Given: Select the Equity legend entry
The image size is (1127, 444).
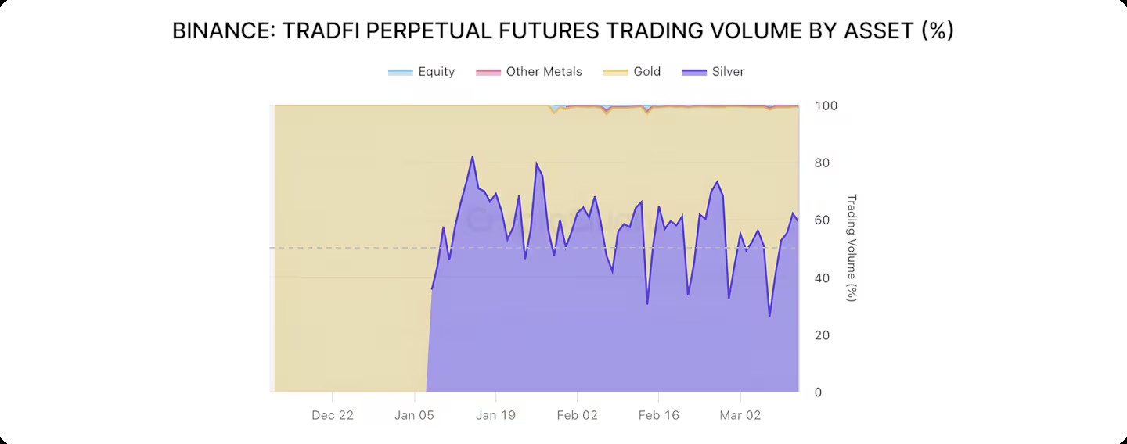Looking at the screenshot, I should [x=436, y=72].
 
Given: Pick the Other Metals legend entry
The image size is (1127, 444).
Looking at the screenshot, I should [x=544, y=72].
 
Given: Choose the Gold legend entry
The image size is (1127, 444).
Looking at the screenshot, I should [x=646, y=72].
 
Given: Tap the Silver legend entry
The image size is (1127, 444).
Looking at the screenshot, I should [x=728, y=72].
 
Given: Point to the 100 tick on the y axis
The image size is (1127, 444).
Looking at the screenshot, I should [x=826, y=106].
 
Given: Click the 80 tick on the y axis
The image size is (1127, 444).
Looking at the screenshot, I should [x=823, y=163].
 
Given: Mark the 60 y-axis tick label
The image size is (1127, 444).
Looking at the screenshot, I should [x=823, y=220].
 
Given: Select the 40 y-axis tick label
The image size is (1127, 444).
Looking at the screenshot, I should [x=823, y=278].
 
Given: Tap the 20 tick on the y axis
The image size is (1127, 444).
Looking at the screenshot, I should [x=823, y=335].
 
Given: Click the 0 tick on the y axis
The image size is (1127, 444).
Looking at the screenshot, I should [x=819, y=392].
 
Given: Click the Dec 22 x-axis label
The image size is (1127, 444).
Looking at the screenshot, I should [x=333, y=415].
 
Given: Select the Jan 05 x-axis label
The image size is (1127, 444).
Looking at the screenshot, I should [x=415, y=415].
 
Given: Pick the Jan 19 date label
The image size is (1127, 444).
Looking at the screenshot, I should [x=496, y=415].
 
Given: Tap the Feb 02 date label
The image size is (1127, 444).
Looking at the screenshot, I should [x=578, y=415].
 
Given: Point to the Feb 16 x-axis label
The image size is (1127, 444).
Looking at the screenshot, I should [x=659, y=415].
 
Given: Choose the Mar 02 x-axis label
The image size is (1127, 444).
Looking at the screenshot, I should [x=740, y=415].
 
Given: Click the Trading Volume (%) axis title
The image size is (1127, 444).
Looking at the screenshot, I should [x=852, y=248].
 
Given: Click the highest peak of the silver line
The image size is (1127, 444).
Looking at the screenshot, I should [x=472, y=157].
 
